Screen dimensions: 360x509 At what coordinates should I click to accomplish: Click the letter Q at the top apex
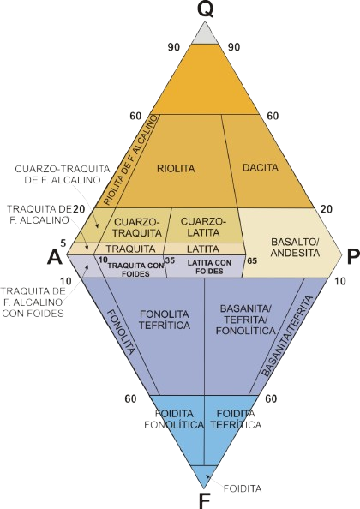(x=205, y=10)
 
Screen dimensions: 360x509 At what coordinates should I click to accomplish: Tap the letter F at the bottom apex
(x=203, y=501)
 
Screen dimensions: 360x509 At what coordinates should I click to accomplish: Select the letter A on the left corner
(x=55, y=258)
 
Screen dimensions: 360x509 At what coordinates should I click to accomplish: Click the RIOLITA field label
(x=176, y=169)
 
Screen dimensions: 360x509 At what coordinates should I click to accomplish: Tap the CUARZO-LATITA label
(x=204, y=227)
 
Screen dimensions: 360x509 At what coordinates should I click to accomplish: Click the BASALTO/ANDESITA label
(x=295, y=247)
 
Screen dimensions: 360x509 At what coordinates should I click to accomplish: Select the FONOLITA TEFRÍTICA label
(x=165, y=320)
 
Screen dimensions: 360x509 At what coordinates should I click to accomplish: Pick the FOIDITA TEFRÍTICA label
(x=236, y=419)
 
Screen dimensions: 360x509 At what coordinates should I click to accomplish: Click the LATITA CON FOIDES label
(x=209, y=266)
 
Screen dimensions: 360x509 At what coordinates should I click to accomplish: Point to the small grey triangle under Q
(x=205, y=35)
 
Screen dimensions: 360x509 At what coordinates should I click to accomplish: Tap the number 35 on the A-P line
(x=170, y=260)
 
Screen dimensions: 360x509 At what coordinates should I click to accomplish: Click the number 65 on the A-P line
(x=252, y=260)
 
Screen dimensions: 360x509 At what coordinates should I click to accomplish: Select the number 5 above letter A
(x=63, y=243)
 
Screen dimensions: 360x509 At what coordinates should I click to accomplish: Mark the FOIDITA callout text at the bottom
(x=243, y=488)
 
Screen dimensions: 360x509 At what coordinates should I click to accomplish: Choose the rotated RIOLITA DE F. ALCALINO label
(x=131, y=159)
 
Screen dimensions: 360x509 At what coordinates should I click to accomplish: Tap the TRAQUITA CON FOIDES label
(x=136, y=269)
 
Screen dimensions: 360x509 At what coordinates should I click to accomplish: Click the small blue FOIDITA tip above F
(x=204, y=475)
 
